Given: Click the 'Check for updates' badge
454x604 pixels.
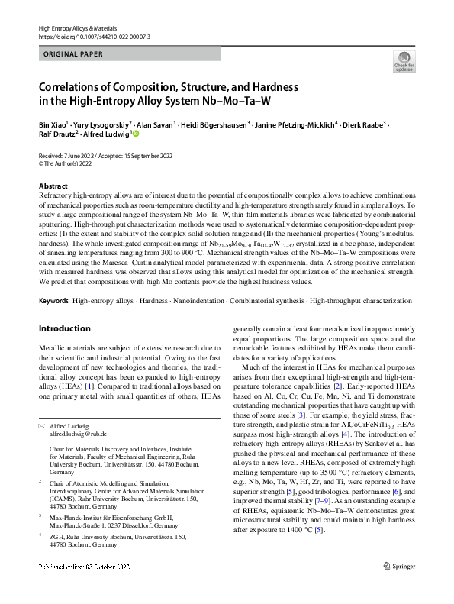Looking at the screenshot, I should [x=404, y=62].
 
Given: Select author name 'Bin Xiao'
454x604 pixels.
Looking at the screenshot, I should [x=51, y=123].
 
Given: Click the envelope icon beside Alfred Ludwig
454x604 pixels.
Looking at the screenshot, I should [x=42, y=425].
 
